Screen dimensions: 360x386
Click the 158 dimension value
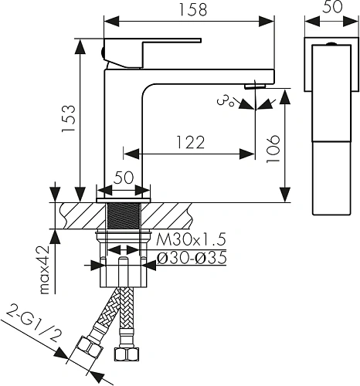[193, 9]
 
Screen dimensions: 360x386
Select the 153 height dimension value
[69, 118]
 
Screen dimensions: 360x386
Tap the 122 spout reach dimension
[191, 142]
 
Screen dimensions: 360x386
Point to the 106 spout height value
[273, 149]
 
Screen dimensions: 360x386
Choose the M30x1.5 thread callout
[191, 239]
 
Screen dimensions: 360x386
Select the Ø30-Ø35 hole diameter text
[192, 258]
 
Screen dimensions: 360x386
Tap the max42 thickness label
[45, 270]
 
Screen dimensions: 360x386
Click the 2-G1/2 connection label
[34, 323]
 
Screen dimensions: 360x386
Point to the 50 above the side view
[333, 7]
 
